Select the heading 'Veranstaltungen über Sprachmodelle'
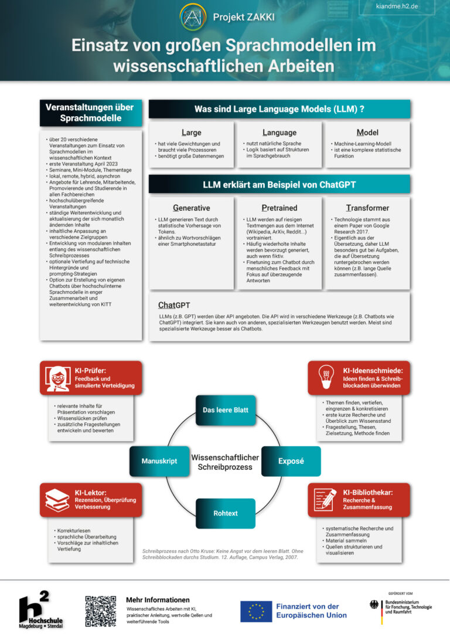click(x=90, y=113)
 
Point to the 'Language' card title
click(x=279, y=133)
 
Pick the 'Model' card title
click(x=367, y=133)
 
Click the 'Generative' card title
click(x=192, y=208)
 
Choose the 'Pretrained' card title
click(x=279, y=208)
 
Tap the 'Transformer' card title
click(x=367, y=208)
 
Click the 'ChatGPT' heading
click(x=174, y=305)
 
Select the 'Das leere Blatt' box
click(x=226, y=410)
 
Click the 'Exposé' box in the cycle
click(x=291, y=461)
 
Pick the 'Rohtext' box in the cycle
click(x=226, y=513)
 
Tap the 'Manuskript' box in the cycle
click(x=159, y=461)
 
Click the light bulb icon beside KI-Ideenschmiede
click(x=326, y=378)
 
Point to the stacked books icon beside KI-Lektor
click(x=57, y=500)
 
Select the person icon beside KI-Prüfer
click(x=57, y=378)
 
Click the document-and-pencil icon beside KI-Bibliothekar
click(x=326, y=500)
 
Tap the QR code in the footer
click(x=101, y=612)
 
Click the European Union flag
click(x=256, y=611)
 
